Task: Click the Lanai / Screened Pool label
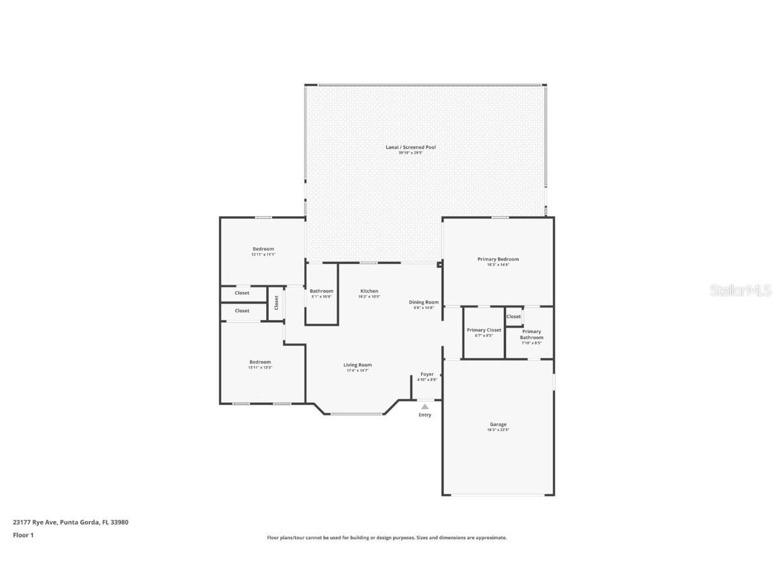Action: [x=411, y=147]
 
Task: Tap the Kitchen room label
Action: [x=369, y=291]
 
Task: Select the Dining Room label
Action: [x=424, y=302]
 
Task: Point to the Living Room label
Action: [x=357, y=365]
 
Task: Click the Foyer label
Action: [x=427, y=374]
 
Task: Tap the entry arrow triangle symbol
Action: [x=425, y=406]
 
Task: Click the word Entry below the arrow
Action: [x=425, y=415]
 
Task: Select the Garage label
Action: [x=498, y=424]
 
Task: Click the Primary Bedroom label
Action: [x=498, y=259]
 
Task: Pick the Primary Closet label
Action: [x=484, y=330]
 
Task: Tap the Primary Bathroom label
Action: [x=531, y=334]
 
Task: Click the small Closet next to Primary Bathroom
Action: [x=514, y=316]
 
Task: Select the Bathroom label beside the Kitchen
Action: [x=321, y=291]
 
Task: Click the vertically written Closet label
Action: [x=276, y=303]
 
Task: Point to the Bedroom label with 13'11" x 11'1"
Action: [x=263, y=249]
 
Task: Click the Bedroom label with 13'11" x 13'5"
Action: [x=260, y=362]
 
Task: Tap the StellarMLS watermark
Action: [x=742, y=291]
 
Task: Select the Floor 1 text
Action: [x=23, y=535]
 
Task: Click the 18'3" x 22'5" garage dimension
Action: [x=498, y=430]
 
